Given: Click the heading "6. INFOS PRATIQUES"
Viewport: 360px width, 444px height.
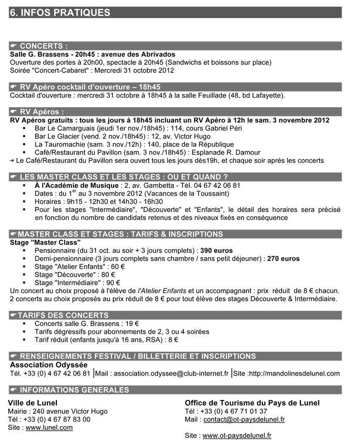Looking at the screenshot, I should (60, 12).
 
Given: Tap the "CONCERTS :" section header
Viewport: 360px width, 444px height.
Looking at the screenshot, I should (44, 46).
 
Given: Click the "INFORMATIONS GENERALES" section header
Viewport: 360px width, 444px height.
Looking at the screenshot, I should (74, 390).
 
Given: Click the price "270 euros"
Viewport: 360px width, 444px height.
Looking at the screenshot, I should (283, 259).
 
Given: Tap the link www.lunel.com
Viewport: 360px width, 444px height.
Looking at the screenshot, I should (49, 427).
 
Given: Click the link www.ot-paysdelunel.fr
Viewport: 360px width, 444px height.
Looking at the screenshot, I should (237, 435).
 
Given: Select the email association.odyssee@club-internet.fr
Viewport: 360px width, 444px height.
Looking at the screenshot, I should (171, 373).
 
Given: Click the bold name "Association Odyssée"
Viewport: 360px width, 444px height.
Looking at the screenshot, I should (49, 365).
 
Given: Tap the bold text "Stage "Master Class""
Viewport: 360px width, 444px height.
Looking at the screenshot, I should (45, 242).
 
